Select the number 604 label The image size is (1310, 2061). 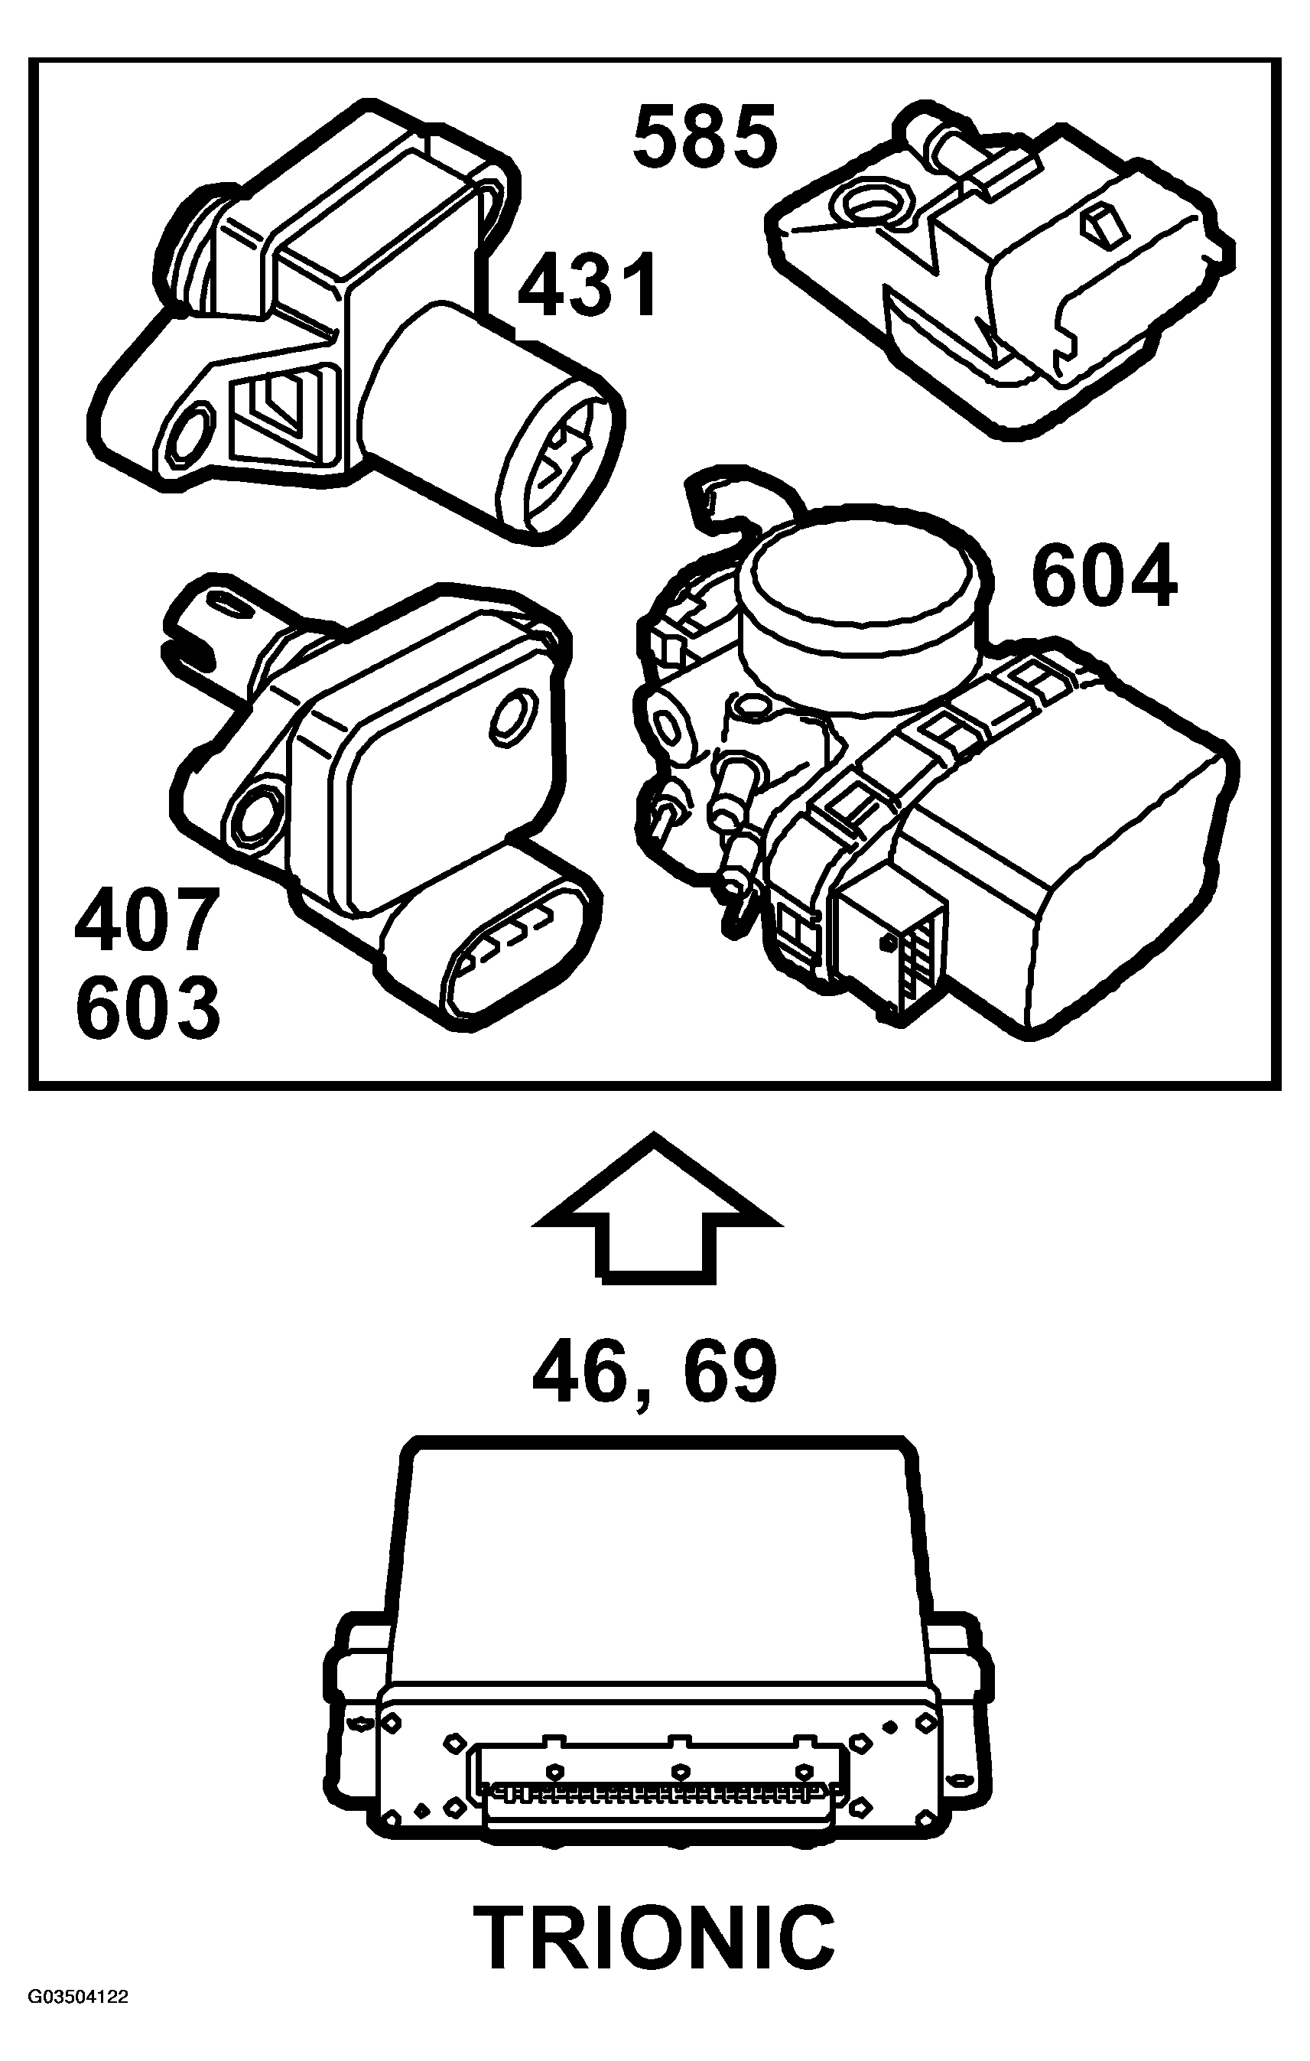[1104, 578]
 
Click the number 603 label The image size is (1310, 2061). [147, 1008]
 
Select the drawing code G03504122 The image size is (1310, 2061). [78, 2039]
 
